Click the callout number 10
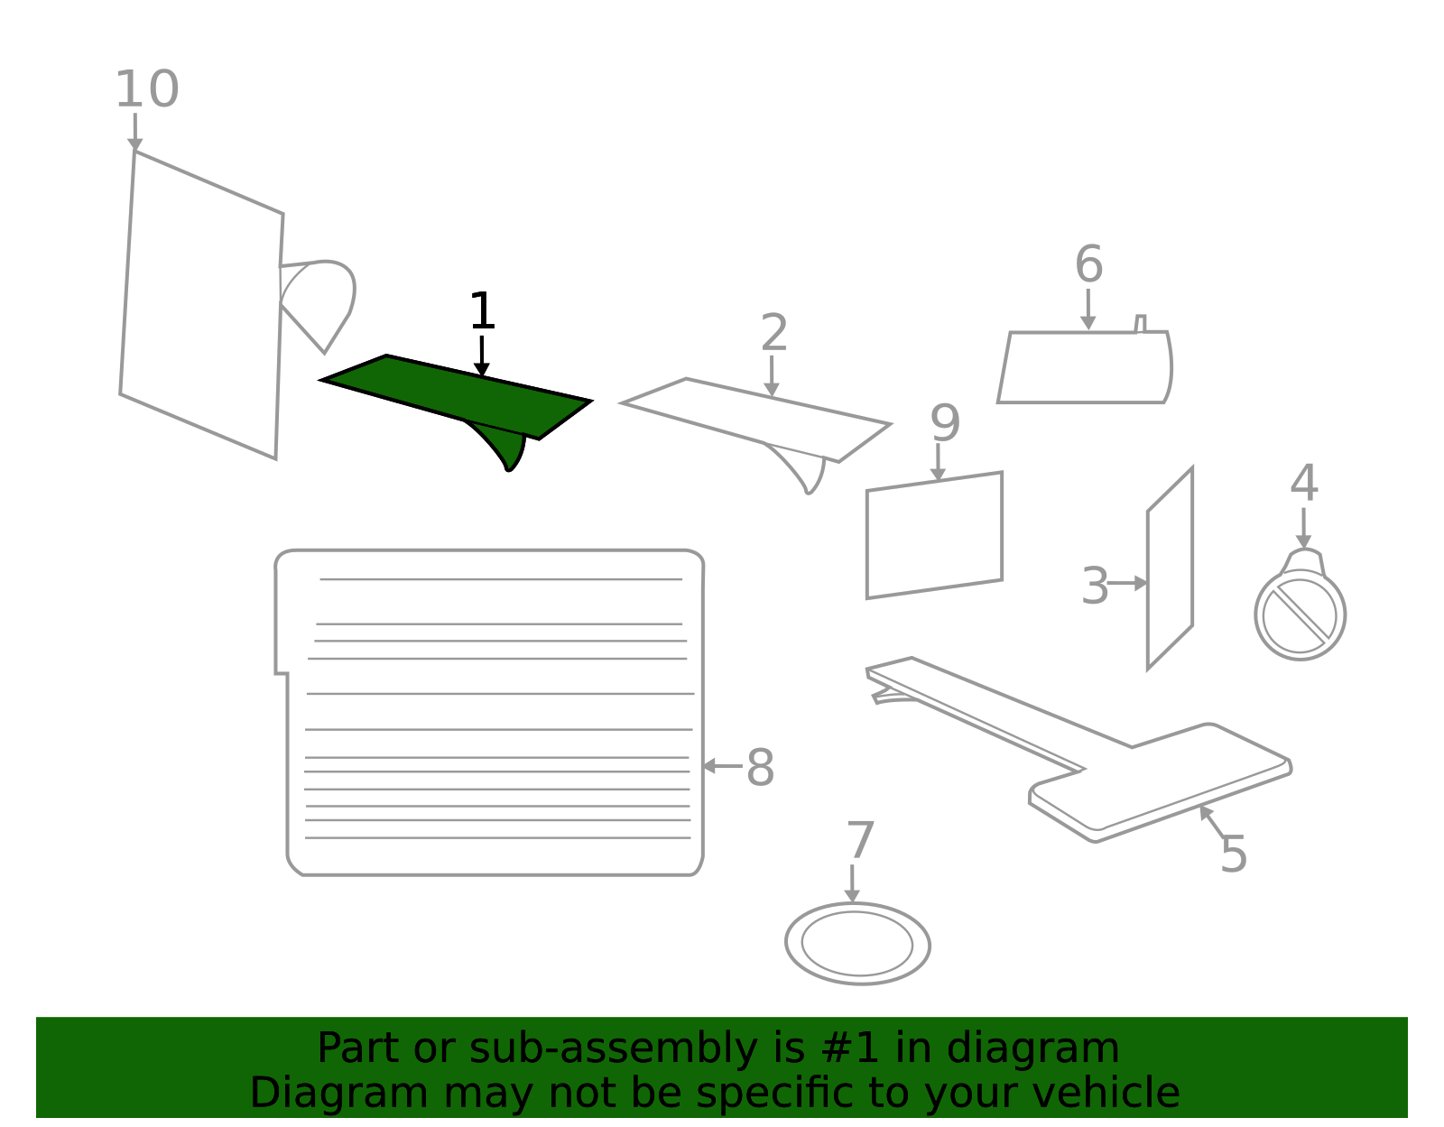(147, 89)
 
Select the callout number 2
(774, 332)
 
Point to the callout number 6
(1089, 263)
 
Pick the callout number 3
(1095, 585)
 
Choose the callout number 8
(761, 767)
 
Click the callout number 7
(861, 840)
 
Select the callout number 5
(1234, 854)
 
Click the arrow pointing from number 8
(722, 766)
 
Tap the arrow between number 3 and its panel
(1128, 583)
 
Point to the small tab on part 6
(1141, 323)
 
